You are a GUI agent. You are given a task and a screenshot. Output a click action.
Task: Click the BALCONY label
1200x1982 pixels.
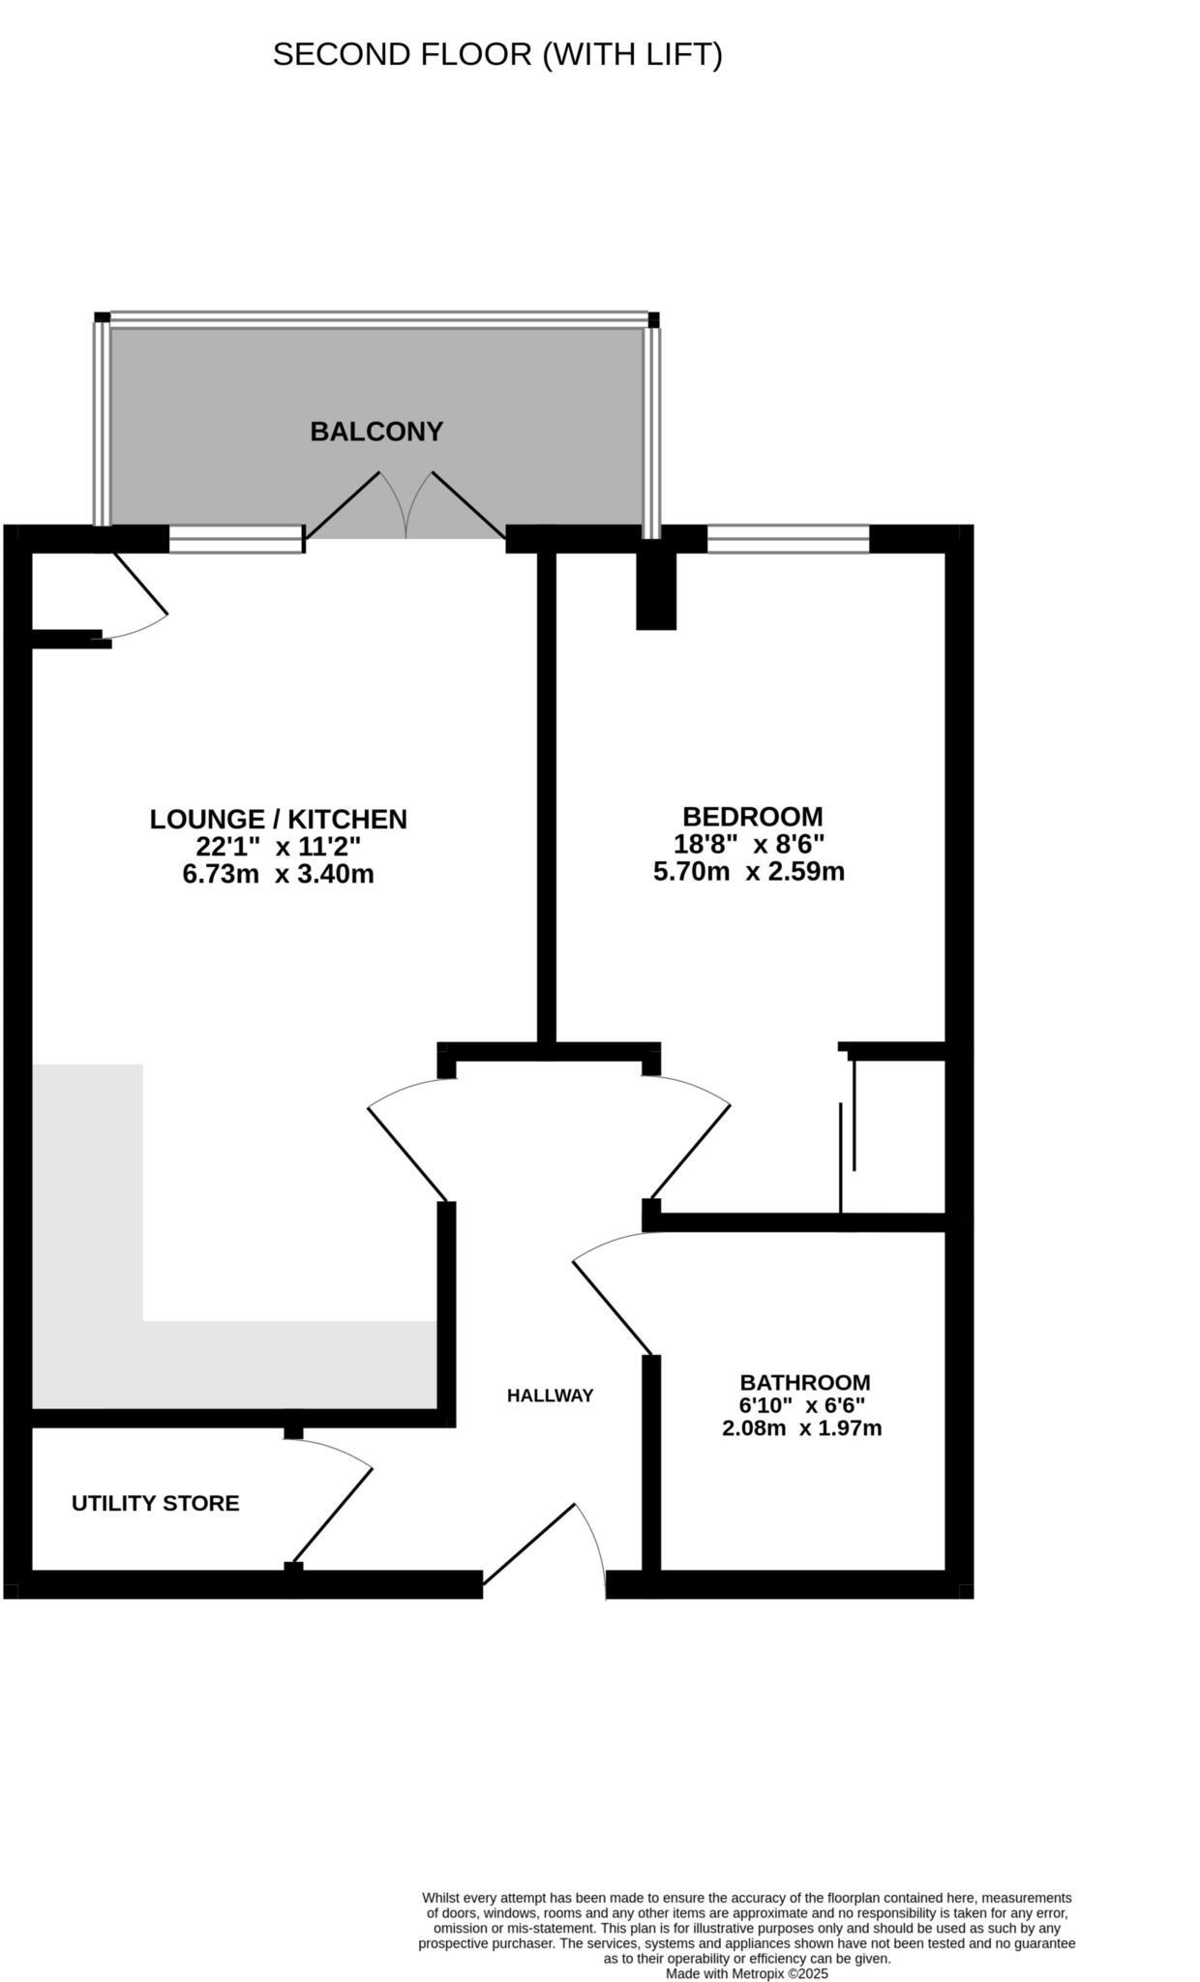(x=376, y=432)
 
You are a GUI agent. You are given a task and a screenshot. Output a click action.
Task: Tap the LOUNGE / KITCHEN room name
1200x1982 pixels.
(x=278, y=819)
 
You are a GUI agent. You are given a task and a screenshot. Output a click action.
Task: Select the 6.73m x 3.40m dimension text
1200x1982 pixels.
(x=278, y=875)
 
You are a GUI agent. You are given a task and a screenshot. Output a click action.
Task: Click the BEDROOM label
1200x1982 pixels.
(x=752, y=816)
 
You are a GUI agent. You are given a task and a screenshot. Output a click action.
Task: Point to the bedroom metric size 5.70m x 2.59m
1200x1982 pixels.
(x=748, y=872)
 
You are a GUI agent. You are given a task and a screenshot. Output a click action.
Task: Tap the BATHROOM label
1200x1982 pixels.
(x=804, y=1382)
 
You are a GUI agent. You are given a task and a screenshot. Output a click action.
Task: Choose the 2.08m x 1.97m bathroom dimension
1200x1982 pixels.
(x=801, y=1428)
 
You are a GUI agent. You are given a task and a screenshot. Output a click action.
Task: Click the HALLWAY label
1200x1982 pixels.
(x=550, y=1396)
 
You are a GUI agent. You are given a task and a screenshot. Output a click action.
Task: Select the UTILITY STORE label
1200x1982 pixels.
(x=155, y=1503)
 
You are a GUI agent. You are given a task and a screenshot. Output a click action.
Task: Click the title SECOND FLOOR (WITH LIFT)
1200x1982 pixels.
(x=497, y=55)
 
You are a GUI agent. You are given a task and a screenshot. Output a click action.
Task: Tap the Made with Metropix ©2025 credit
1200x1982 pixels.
(x=746, y=1973)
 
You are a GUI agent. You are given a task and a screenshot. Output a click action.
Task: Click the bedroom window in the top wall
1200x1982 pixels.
(x=788, y=539)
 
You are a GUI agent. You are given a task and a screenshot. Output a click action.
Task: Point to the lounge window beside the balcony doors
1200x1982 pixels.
(x=236, y=539)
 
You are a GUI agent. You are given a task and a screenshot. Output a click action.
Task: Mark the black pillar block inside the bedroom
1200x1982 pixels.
(x=655, y=590)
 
